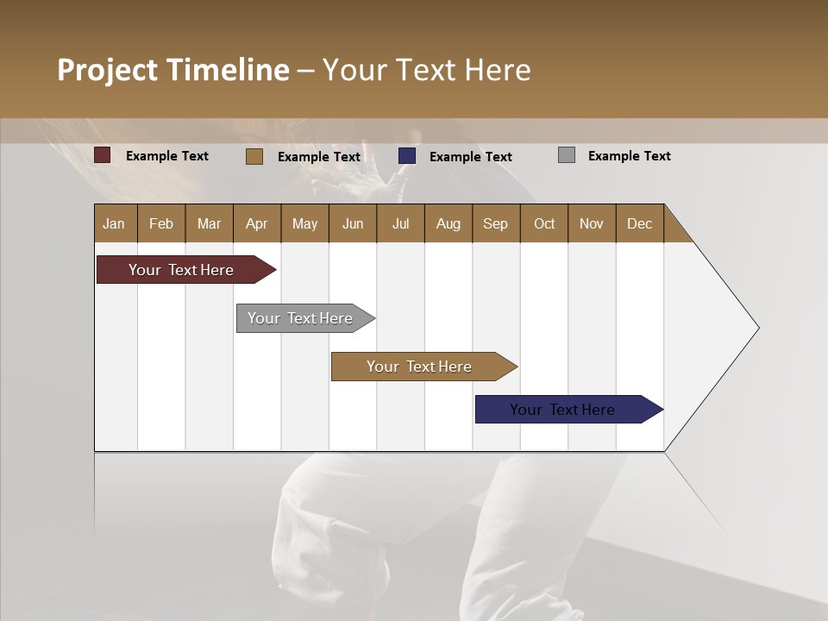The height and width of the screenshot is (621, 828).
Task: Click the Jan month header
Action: pyautogui.click(x=115, y=223)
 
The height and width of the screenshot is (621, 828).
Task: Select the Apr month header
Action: pyautogui.click(x=257, y=223)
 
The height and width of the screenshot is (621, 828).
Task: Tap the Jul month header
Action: pyautogui.click(x=400, y=223)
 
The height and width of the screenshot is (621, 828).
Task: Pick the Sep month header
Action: pyautogui.click(x=496, y=223)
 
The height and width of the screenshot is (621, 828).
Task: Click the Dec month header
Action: pyautogui.click(x=639, y=223)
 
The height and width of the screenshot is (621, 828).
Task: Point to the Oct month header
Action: pyautogui.click(x=544, y=223)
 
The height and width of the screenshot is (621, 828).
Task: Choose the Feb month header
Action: pyautogui.click(x=161, y=223)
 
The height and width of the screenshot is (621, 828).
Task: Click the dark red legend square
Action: pyautogui.click(x=103, y=155)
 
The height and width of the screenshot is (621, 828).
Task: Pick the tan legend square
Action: pyautogui.click(x=254, y=156)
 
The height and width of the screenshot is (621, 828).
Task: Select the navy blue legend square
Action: pyautogui.click(x=407, y=156)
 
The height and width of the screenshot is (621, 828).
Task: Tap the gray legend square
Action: pyautogui.click(x=567, y=155)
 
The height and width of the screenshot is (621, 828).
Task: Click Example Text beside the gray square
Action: pyautogui.click(x=629, y=156)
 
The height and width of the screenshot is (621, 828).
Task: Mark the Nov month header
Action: pyautogui.click(x=592, y=223)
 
